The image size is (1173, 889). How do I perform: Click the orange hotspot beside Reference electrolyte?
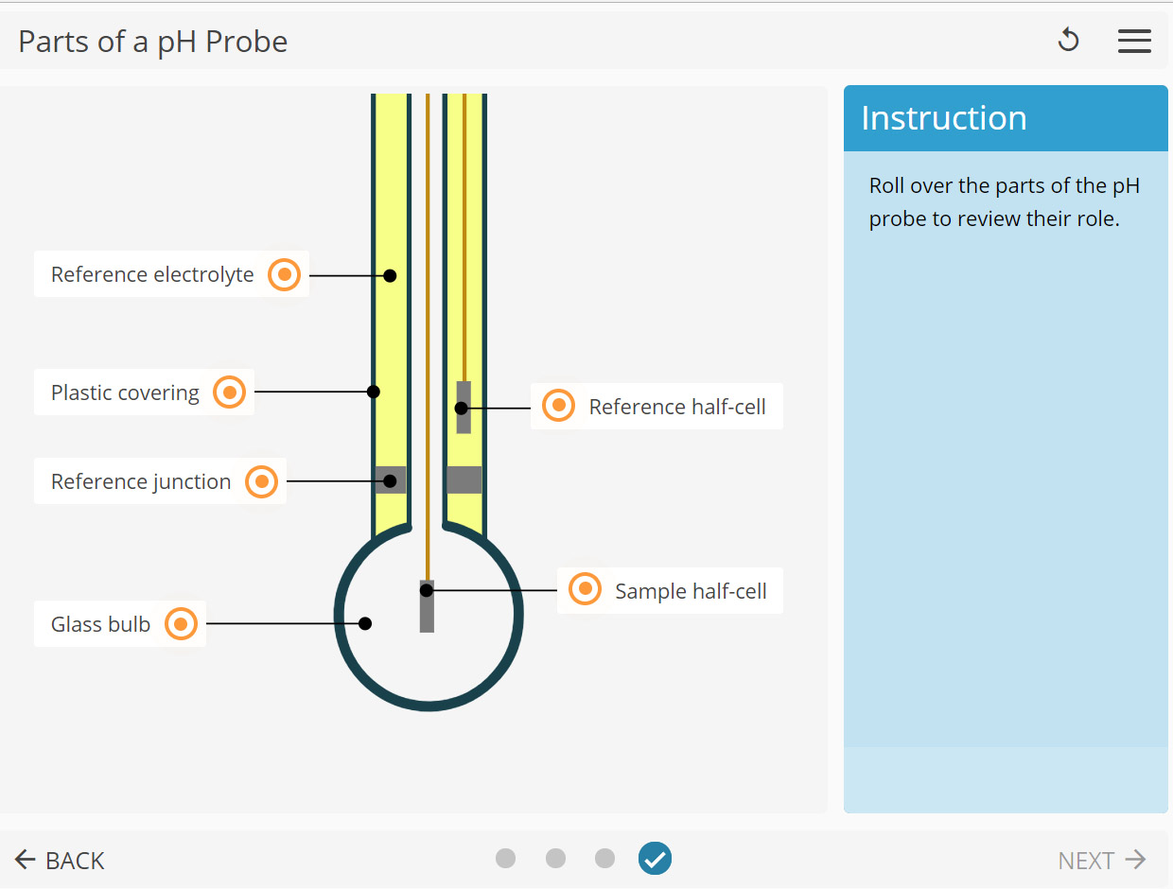click(x=284, y=275)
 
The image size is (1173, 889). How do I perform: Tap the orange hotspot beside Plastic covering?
click(x=229, y=392)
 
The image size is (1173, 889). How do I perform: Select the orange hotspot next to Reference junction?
click(x=261, y=481)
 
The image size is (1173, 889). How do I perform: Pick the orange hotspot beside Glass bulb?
click(x=181, y=624)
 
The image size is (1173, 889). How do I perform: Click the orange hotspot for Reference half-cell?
click(x=558, y=407)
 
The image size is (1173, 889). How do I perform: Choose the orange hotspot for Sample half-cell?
click(x=585, y=590)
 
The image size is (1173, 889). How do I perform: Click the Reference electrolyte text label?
click(x=152, y=275)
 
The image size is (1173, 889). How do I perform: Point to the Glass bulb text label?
click(x=100, y=624)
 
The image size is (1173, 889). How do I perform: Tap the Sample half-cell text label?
click(x=691, y=591)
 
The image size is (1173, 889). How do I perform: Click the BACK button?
click(x=60, y=860)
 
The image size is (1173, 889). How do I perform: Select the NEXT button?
click(x=1101, y=860)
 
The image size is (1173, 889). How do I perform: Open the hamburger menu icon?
click(x=1134, y=41)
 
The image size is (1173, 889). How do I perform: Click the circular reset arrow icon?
click(x=1068, y=41)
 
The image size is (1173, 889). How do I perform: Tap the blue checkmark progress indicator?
click(x=655, y=859)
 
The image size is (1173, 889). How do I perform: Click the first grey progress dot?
click(x=506, y=859)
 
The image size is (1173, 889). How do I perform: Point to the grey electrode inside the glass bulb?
click(x=427, y=607)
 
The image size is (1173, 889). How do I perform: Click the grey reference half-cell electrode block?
click(x=464, y=408)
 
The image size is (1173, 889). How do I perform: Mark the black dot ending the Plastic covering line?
click(x=374, y=392)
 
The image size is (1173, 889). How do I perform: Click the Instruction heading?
click(x=943, y=118)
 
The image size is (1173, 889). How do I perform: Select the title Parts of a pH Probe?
click(x=153, y=42)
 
